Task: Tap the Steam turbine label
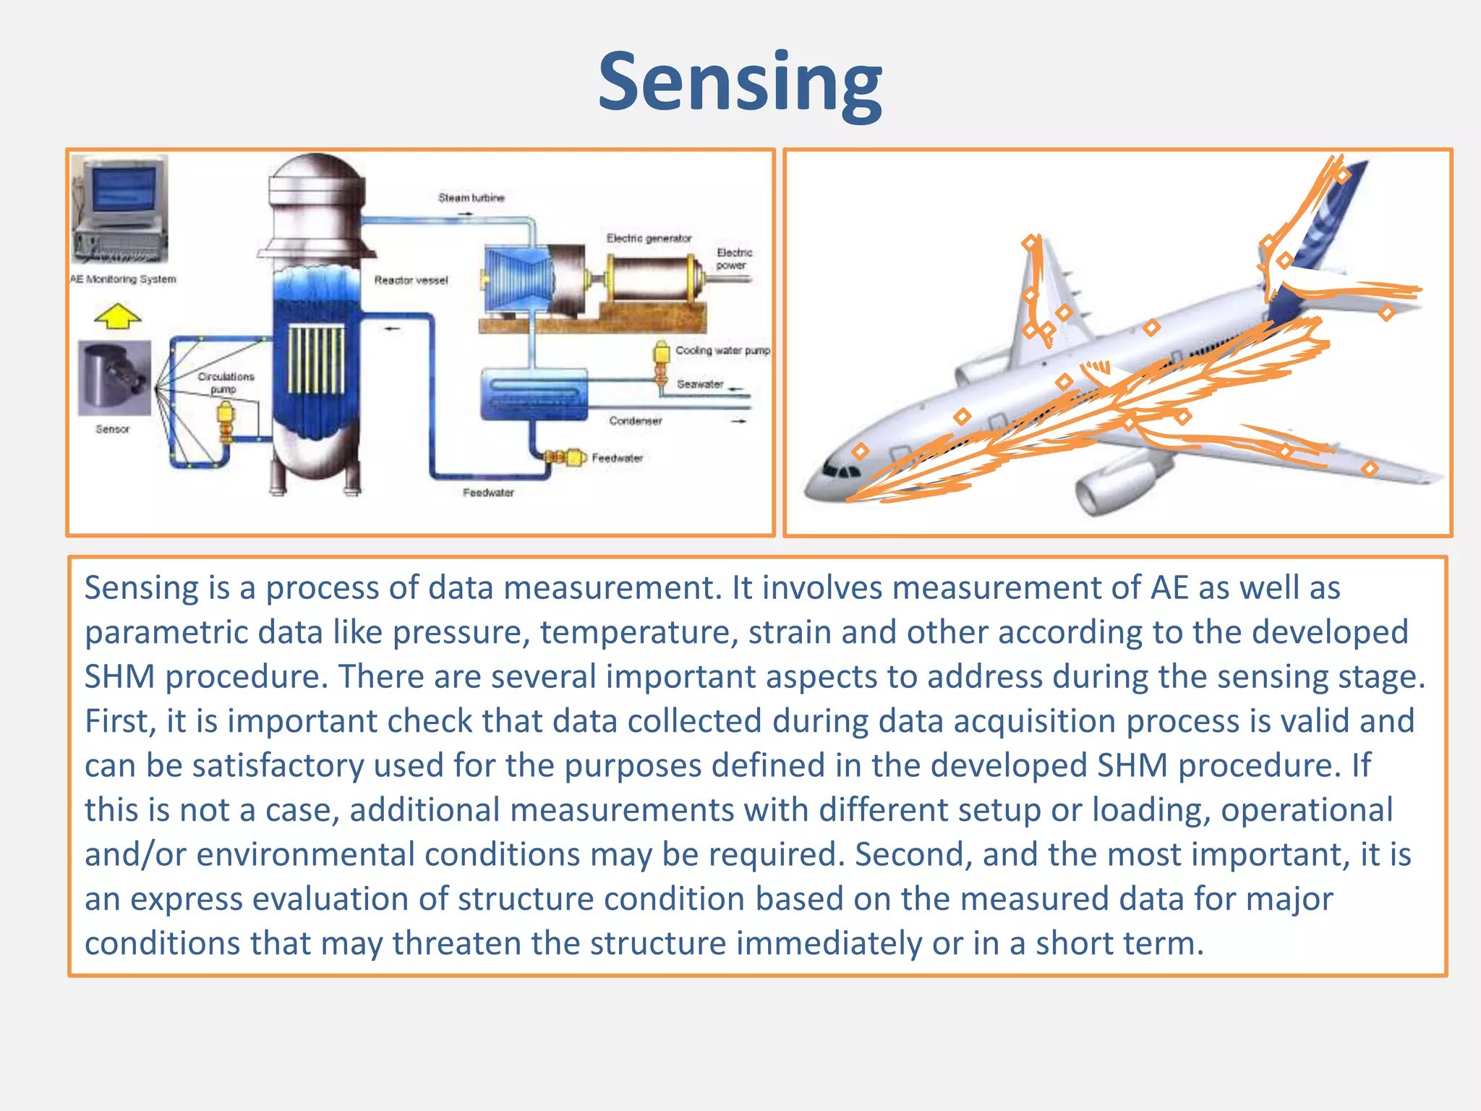coord(471,197)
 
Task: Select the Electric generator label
coord(649,238)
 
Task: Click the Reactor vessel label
coord(411,280)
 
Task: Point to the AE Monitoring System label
coord(123,279)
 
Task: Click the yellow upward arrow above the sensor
coord(118,315)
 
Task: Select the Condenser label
coord(635,420)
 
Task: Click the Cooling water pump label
coord(722,350)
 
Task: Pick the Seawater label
coord(699,384)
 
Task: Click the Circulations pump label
coord(226,383)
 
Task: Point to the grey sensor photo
coord(114,378)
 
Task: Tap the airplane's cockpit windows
coord(841,471)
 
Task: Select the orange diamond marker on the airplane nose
coord(860,451)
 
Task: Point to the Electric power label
coord(734,259)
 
